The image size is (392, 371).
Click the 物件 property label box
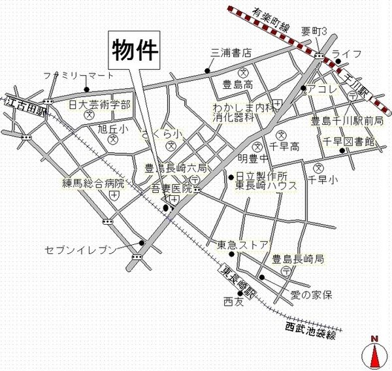coord(133,49)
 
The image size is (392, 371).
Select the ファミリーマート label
coord(79,75)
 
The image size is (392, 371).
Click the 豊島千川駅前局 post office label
coord(346,120)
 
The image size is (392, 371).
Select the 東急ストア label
coord(242,246)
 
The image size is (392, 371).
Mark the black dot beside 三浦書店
coord(208,71)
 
